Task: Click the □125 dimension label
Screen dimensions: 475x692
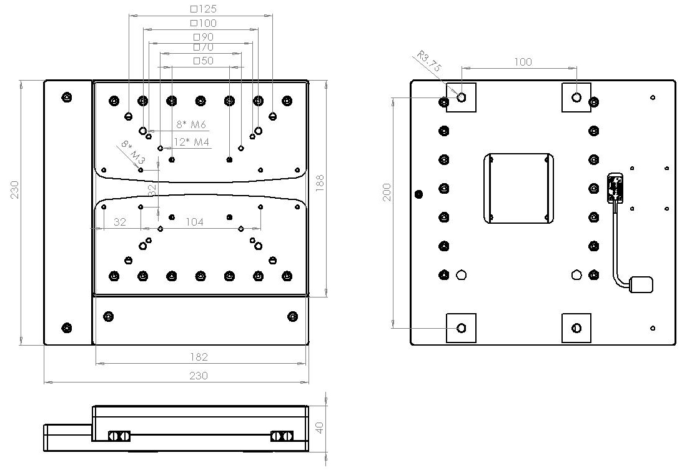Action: (204, 9)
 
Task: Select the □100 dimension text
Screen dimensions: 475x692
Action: (204, 23)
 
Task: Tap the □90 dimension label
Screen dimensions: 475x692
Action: (204, 37)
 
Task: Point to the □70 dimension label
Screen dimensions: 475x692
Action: (204, 47)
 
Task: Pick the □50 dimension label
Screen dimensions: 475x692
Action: (204, 61)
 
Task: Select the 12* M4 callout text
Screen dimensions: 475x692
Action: (191, 142)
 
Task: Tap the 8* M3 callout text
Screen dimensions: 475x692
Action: (129, 152)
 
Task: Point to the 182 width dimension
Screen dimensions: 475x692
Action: (199, 357)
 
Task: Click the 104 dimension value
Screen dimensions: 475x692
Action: (195, 221)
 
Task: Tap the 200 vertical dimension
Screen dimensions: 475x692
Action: (387, 192)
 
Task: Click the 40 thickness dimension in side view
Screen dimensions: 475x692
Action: (319, 428)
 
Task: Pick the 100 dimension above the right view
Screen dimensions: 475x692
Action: (523, 62)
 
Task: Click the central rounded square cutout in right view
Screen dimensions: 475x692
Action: (518, 188)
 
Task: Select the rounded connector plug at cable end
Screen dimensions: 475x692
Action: (641, 284)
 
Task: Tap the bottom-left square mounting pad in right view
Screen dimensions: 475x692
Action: (461, 328)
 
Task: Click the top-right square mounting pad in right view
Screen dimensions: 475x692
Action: (576, 97)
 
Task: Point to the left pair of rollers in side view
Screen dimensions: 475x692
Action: (119, 436)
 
